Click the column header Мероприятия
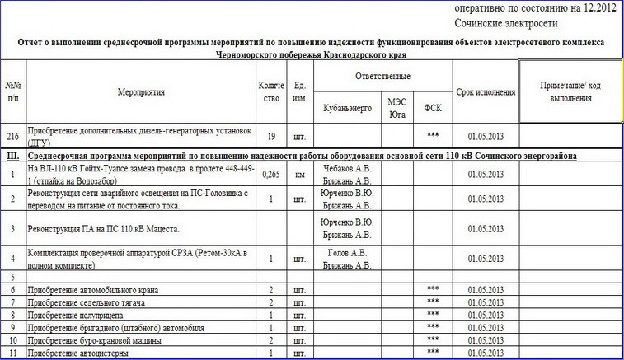tap(142, 93)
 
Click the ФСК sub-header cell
tap(432, 108)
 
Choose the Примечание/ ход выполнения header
tap(571, 92)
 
